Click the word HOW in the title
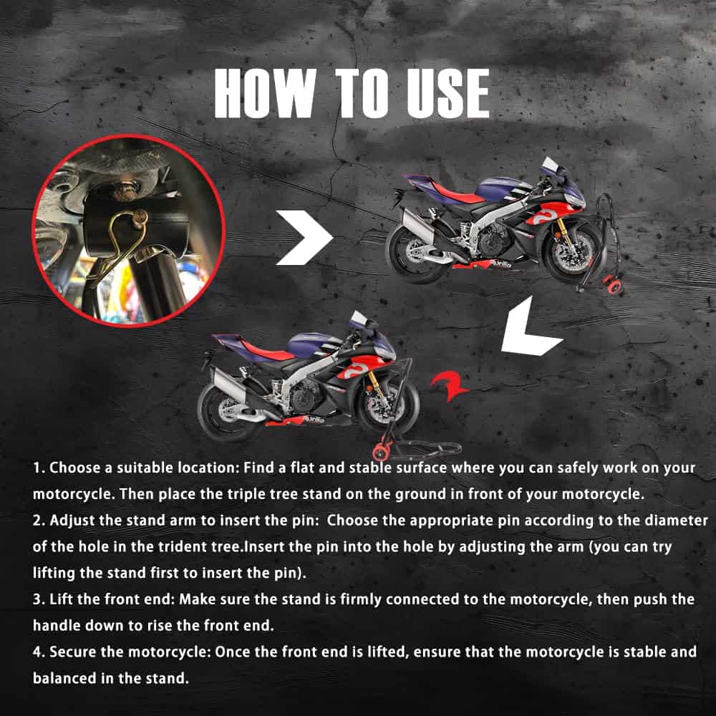click(265, 93)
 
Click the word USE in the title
click(448, 93)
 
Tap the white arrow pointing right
click(304, 238)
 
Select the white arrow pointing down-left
click(530, 327)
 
